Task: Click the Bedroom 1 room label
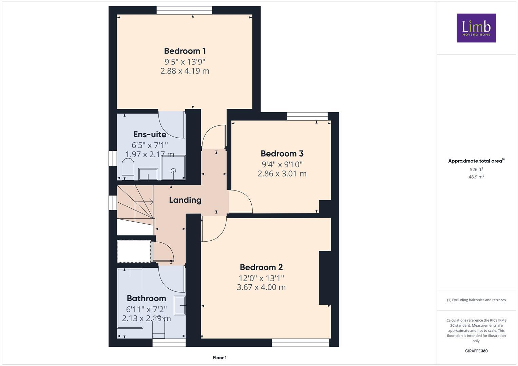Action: point(185,51)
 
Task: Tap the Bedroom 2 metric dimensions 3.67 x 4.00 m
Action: point(261,287)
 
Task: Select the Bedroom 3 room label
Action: point(282,154)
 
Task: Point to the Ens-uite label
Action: point(150,135)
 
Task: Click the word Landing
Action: point(185,200)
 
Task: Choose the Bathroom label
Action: point(146,298)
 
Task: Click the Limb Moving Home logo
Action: point(476,28)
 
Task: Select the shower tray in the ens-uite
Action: point(173,168)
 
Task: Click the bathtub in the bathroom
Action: point(130,298)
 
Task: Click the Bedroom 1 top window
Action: point(185,10)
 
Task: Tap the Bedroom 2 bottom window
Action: point(300,343)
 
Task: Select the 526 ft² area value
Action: point(476,169)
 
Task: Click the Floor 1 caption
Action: point(219,358)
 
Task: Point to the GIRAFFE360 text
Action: point(476,351)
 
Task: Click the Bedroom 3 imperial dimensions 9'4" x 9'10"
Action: point(282,164)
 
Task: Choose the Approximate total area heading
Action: point(476,161)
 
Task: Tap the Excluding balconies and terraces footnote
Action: point(476,300)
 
